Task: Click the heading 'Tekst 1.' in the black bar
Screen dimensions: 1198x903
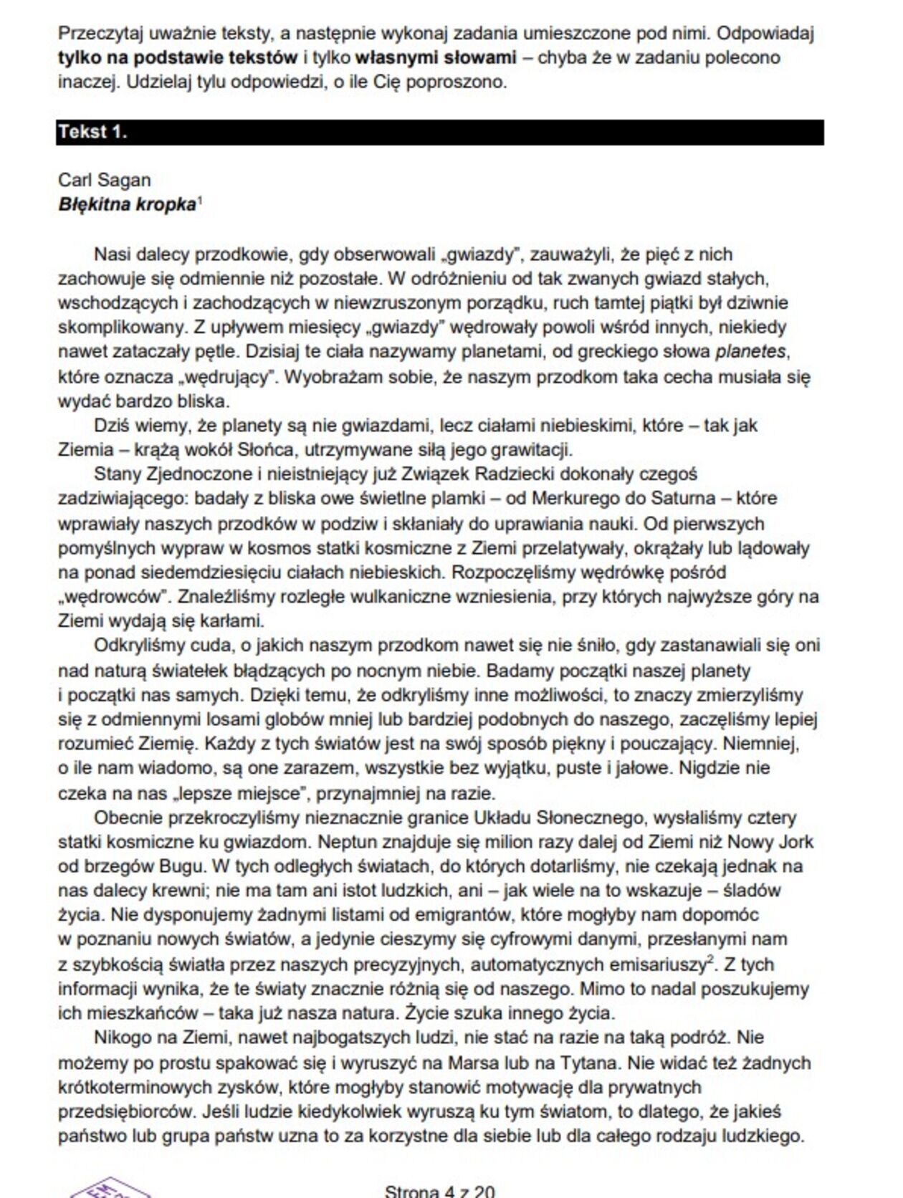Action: click(x=93, y=132)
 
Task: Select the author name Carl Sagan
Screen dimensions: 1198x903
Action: click(x=105, y=180)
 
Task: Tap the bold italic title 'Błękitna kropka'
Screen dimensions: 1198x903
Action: click(x=127, y=205)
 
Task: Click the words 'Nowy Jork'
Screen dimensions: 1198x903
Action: click(x=760, y=842)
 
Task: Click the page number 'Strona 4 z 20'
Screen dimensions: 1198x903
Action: click(x=439, y=1191)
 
